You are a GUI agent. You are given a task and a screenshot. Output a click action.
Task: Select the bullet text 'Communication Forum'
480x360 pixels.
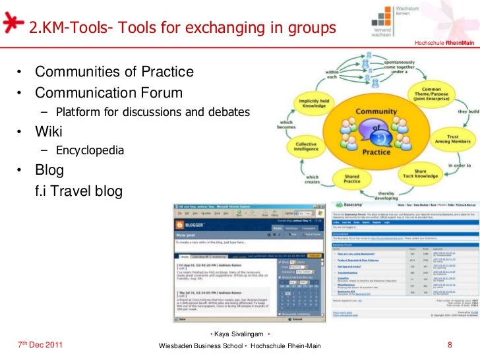click(x=108, y=92)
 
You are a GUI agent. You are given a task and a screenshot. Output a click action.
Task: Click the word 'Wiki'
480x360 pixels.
click(x=49, y=131)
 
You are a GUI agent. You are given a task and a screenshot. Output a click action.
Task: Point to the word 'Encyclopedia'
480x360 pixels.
click(x=90, y=150)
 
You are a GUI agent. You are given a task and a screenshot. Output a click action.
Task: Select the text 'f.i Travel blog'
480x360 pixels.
click(x=78, y=191)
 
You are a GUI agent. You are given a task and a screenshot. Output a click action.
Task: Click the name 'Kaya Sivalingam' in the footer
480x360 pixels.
click(x=239, y=335)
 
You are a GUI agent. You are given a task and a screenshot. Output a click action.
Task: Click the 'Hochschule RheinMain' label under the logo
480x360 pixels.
click(x=444, y=44)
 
